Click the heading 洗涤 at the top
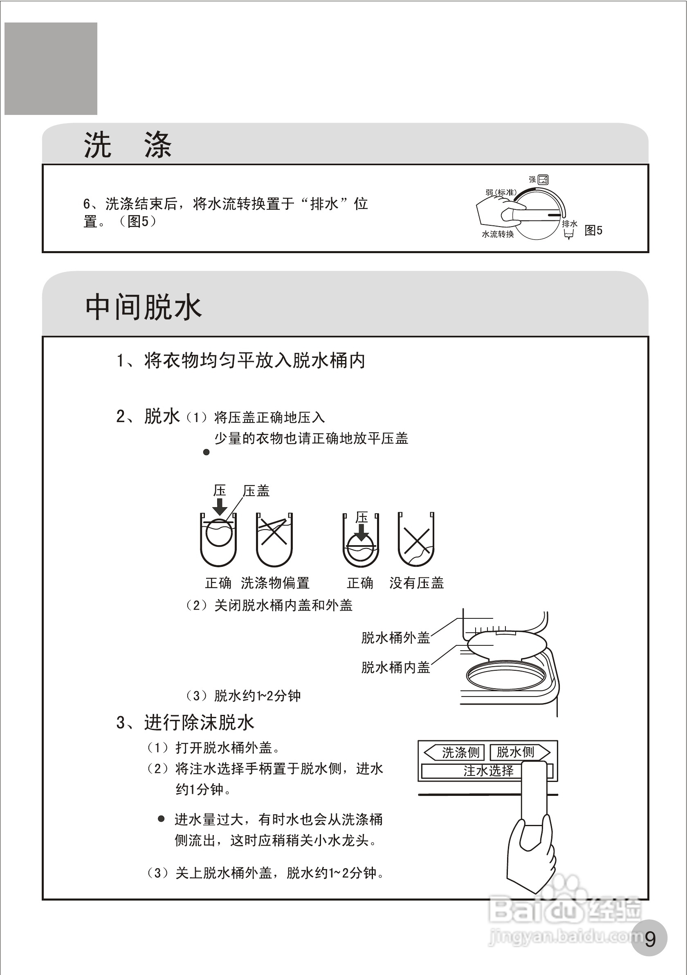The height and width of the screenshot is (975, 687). tap(127, 145)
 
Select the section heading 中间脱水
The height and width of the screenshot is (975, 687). tap(144, 307)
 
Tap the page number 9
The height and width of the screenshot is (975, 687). tap(650, 939)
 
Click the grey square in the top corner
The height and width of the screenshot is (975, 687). tap(51, 69)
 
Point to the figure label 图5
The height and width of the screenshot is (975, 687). tap(593, 231)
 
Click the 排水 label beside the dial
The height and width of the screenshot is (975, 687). tap(569, 224)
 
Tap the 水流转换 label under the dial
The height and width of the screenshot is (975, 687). tap(498, 234)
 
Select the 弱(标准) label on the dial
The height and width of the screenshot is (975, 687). tap(501, 192)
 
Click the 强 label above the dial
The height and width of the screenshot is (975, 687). tap(532, 180)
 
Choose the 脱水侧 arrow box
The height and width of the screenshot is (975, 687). tap(519, 752)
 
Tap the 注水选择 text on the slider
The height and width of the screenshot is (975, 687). tap(488, 771)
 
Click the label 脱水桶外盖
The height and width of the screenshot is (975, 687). tap(395, 638)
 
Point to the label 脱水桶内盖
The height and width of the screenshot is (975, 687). tap(395, 667)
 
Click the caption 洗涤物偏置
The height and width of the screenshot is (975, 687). tap(275, 583)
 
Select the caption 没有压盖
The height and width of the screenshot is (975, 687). tap(417, 583)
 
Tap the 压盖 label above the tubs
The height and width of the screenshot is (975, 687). tap(256, 491)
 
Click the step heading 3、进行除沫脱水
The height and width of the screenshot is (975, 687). tap(185, 722)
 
